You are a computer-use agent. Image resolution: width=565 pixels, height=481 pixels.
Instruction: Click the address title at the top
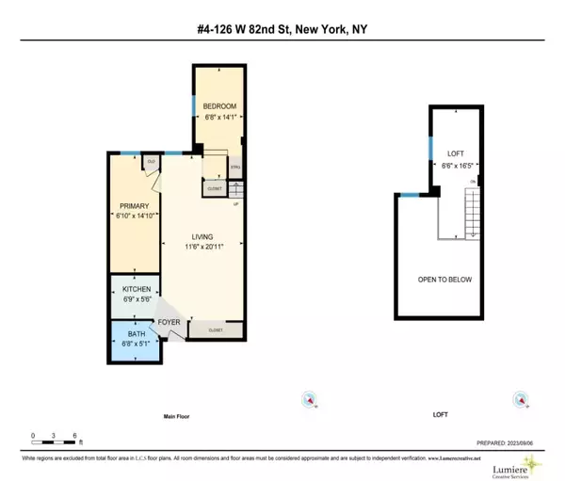point(282,28)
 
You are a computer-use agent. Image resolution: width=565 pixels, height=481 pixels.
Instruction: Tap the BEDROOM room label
point(220,105)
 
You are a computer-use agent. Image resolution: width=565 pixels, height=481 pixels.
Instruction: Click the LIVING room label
point(201,236)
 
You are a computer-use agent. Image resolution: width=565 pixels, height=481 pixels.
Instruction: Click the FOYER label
point(170,322)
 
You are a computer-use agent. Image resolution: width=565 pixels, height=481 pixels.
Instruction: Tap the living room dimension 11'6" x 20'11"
point(201,248)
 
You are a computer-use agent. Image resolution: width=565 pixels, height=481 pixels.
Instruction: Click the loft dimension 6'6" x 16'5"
point(455,164)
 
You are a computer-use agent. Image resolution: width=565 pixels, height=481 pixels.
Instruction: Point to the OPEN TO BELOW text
point(444,280)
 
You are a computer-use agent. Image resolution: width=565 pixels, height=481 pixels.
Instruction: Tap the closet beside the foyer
point(216,330)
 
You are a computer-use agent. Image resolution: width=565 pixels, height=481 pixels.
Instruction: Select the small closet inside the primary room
point(150,161)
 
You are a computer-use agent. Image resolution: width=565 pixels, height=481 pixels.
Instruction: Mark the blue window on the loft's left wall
point(430,147)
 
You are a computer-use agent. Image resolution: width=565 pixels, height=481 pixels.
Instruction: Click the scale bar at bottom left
point(56,435)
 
